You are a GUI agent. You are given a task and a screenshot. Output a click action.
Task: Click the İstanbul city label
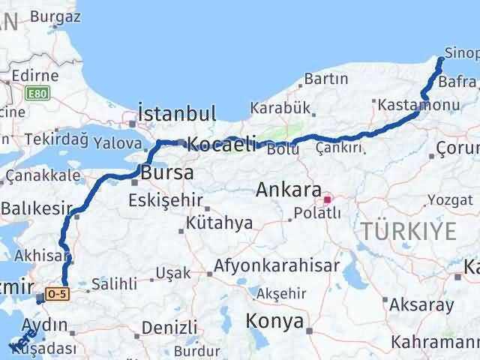click(x=177, y=115)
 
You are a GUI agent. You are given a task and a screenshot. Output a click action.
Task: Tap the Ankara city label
click(x=289, y=190)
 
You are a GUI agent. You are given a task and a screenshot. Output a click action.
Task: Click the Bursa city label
click(x=167, y=173)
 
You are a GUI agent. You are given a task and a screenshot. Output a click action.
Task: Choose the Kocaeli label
click(x=222, y=143)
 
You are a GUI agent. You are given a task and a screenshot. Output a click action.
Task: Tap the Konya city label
click(x=276, y=322)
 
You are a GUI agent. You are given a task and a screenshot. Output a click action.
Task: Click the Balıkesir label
click(x=37, y=207)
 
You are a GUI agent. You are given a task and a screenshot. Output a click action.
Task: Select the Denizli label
click(x=169, y=327)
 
